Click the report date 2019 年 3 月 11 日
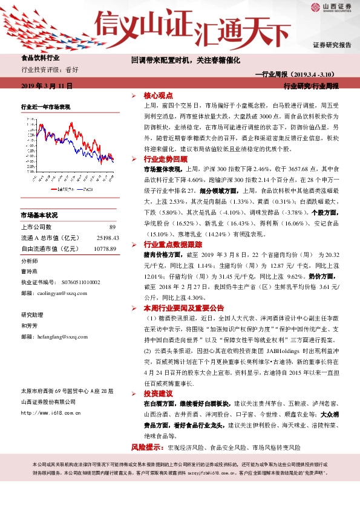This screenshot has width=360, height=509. (47, 86)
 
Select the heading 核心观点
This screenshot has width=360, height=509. (159, 96)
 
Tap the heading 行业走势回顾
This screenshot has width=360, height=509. (162, 158)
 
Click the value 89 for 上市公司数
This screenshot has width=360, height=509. (112, 227)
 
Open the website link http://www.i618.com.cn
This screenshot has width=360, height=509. (51, 413)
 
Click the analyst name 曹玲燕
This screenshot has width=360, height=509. (29, 271)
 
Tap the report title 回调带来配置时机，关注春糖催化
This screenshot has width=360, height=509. (186, 60)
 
